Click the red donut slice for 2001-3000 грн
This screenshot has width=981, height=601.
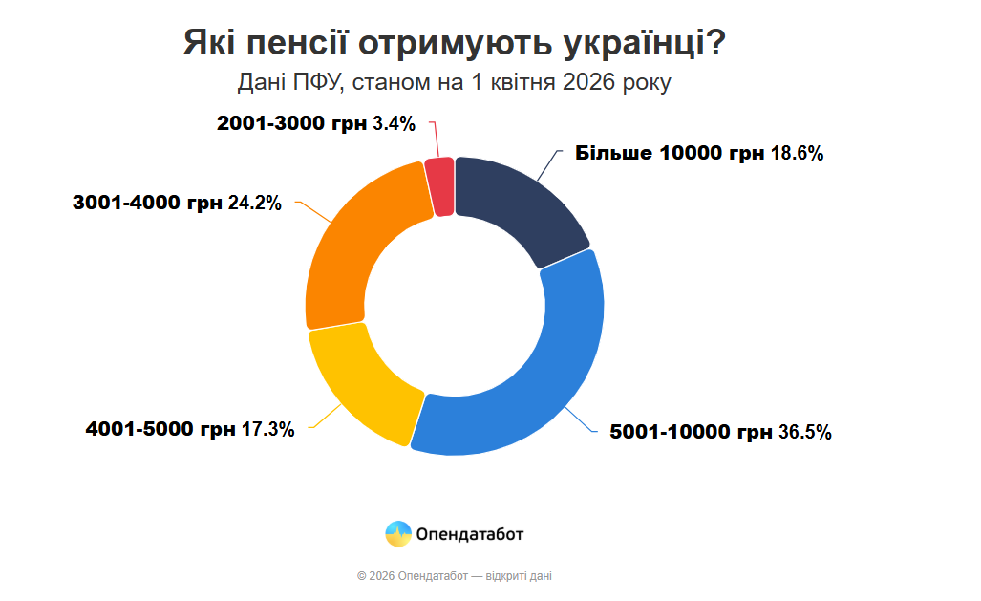439,186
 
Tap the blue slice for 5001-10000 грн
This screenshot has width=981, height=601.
535,392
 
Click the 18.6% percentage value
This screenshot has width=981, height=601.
797,154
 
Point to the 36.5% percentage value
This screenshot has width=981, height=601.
804,433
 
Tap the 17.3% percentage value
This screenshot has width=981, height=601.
267,429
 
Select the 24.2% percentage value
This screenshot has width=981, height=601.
255,203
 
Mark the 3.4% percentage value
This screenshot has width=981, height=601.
394,123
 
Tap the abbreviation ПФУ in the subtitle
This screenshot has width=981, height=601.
316,83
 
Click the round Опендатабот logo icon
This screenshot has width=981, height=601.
397,534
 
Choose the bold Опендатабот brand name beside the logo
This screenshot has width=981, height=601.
470,534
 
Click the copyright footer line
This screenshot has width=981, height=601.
454,576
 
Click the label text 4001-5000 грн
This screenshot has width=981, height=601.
160,429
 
